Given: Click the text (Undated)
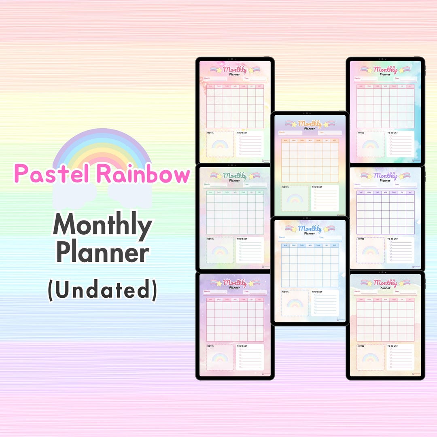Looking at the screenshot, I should tap(102, 291).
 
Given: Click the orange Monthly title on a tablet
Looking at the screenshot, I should tap(310, 124).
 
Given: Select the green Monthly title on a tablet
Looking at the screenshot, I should tap(235, 176).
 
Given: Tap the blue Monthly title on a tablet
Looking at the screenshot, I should tap(310, 229).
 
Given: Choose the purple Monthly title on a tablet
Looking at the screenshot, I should tap(385, 176).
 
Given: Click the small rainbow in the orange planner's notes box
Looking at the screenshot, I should tap(295, 199).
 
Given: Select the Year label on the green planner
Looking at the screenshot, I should tap(246, 184).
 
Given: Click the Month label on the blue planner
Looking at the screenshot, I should tap(282, 237).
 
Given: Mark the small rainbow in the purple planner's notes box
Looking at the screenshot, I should tap(370, 251).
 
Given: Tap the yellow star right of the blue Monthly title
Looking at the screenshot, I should tap(326, 229).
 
